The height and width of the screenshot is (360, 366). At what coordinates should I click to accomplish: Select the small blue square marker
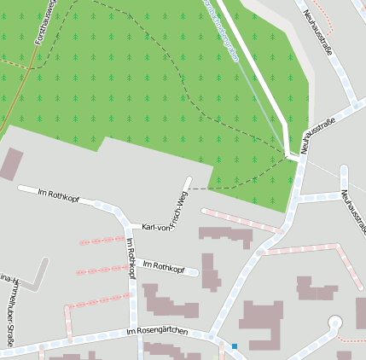pyautogui.click(x=234, y=345)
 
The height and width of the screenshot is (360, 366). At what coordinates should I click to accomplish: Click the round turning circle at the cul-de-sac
pyautogui.click(x=334, y=322)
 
